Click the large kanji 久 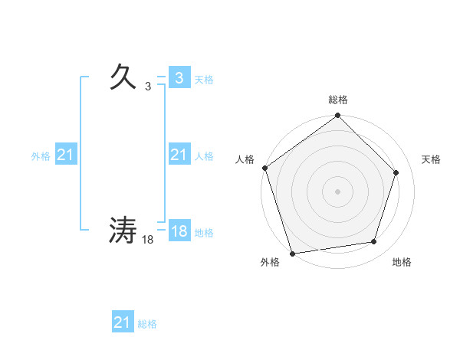click(x=123, y=77)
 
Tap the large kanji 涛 click(x=123, y=230)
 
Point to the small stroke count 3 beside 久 click(x=148, y=87)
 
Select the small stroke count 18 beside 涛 click(x=148, y=240)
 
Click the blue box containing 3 click(x=179, y=77)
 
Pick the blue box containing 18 click(x=179, y=231)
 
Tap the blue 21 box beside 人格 click(x=179, y=155)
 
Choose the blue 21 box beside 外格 click(x=65, y=155)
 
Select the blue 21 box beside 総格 click(x=123, y=322)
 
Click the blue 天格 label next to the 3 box click(x=204, y=79)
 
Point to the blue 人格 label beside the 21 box click(x=204, y=156)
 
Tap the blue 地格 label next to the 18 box click(x=204, y=233)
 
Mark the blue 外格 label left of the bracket click(x=41, y=156)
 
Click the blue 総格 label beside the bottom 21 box click(x=147, y=324)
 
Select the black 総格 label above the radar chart click(x=337, y=100)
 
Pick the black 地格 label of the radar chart click(x=402, y=262)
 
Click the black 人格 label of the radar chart click(x=245, y=159)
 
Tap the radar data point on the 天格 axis click(x=396, y=172)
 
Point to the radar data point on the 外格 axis click(x=293, y=253)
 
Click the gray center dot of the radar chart click(x=337, y=191)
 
